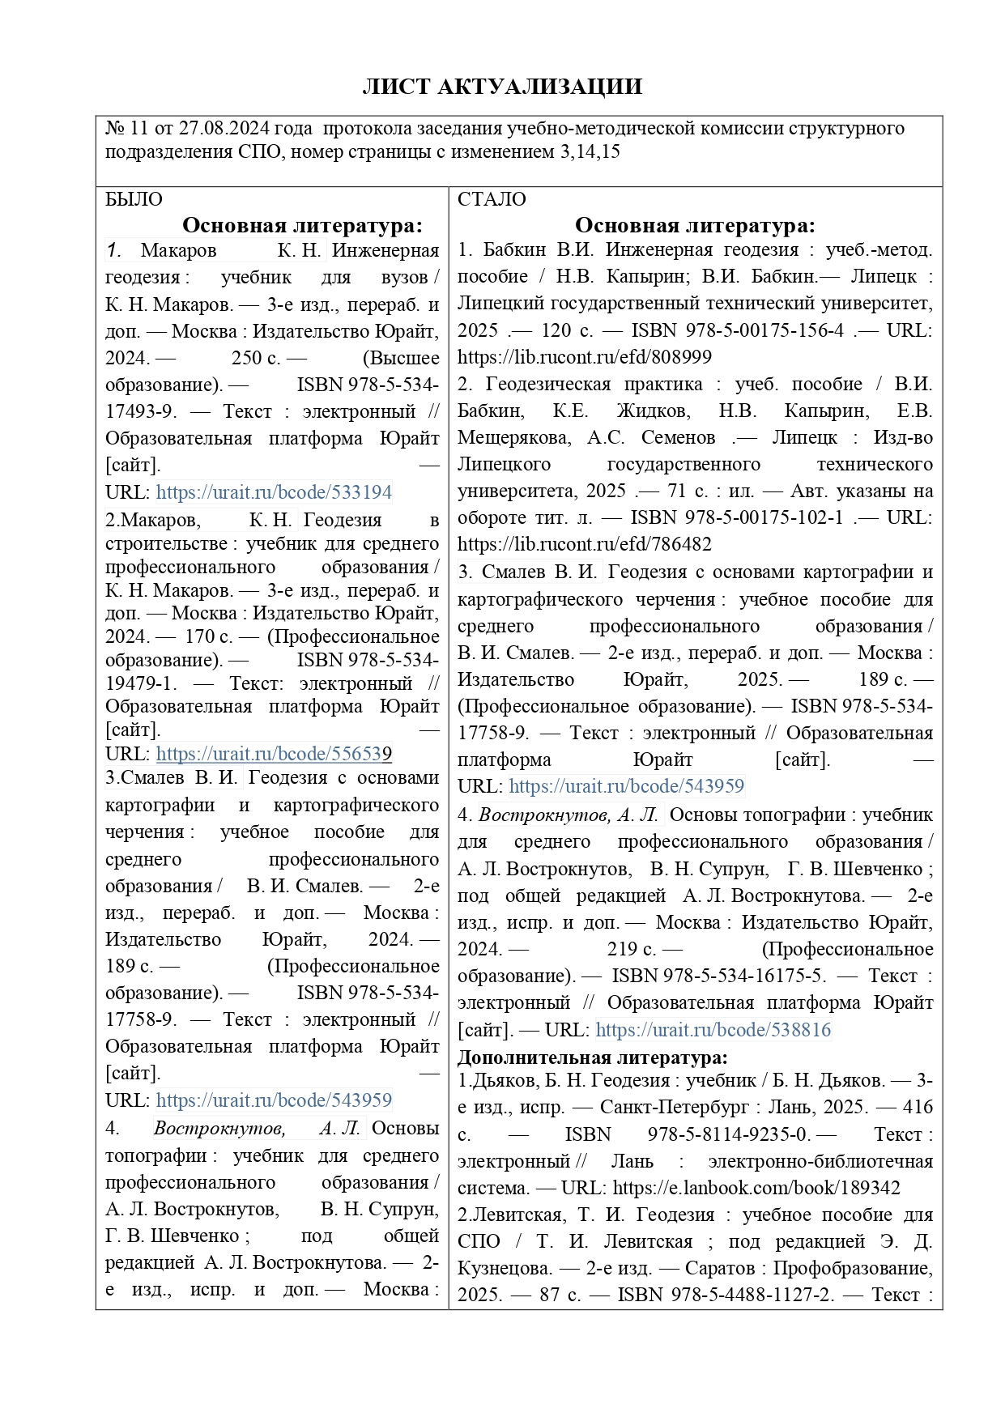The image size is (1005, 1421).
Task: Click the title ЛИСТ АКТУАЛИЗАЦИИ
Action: [502, 87]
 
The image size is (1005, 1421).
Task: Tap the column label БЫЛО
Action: [134, 199]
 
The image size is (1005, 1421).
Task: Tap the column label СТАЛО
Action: [492, 199]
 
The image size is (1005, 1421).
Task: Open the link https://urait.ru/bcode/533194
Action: [274, 492]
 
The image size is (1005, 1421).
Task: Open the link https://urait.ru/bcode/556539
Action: [274, 754]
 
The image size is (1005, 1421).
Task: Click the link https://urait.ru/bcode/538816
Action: [713, 1030]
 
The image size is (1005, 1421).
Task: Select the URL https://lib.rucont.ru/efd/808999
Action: [584, 357]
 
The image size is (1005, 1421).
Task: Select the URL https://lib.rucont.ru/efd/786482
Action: [584, 544]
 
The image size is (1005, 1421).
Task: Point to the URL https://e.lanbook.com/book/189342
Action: [756, 1188]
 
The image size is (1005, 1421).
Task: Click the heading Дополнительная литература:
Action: [592, 1057]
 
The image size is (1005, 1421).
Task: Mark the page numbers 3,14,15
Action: [590, 152]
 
